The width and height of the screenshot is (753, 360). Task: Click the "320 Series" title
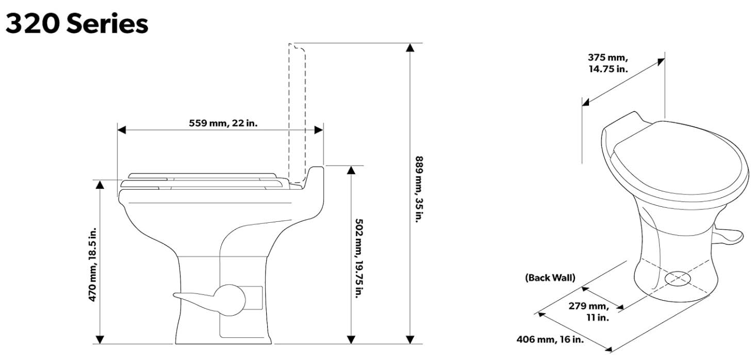[x=77, y=24]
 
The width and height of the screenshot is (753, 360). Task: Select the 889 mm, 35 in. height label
[x=419, y=189]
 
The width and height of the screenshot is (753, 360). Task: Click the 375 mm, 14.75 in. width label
[x=608, y=63]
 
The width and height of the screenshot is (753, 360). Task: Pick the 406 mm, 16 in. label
[x=550, y=339]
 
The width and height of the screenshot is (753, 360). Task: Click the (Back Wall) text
[x=550, y=277]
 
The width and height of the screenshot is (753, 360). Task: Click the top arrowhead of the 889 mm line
[x=410, y=48]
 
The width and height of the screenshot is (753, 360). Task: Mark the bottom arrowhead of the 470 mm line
[x=100, y=339]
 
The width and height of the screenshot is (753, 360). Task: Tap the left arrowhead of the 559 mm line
[x=122, y=130]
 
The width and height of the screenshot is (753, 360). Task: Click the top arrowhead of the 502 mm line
[x=351, y=171]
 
